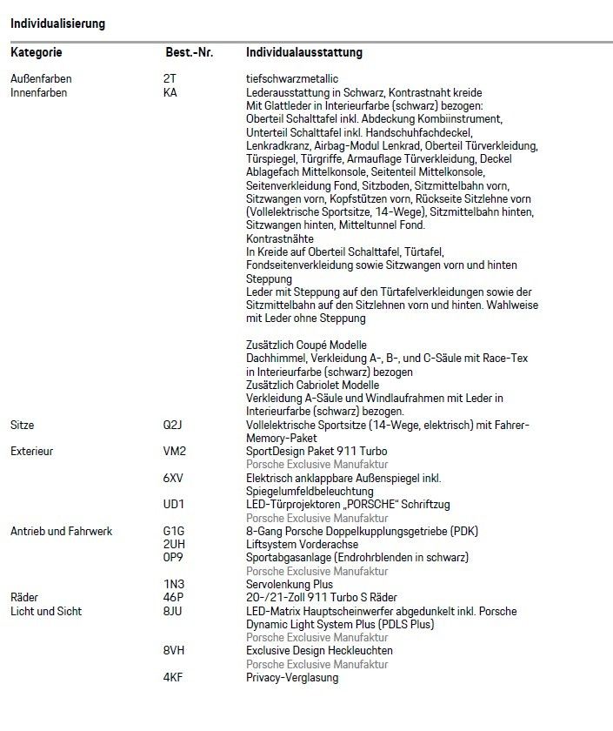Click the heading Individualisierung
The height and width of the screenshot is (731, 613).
coord(57,23)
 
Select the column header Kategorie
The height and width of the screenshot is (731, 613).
coord(37,53)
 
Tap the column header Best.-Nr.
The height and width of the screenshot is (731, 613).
coord(190,53)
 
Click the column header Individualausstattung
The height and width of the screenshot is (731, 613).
coord(304,53)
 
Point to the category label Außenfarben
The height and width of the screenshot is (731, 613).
coord(41,79)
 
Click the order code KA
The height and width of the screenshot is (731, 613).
coord(170,92)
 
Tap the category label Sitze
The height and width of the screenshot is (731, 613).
coord(23,426)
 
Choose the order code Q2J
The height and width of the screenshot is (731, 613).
coord(172,426)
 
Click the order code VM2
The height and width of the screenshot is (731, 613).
coord(174,452)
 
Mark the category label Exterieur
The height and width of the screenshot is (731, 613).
coord(31,452)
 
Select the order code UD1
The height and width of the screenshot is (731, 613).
coord(173,504)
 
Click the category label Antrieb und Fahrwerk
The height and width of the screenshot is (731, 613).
coord(61,531)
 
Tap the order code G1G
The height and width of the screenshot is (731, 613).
coord(173,531)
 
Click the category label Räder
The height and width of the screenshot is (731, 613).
coord(25,598)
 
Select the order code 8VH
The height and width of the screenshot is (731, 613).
coord(173,651)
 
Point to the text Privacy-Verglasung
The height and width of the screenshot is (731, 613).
coord(292,678)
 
